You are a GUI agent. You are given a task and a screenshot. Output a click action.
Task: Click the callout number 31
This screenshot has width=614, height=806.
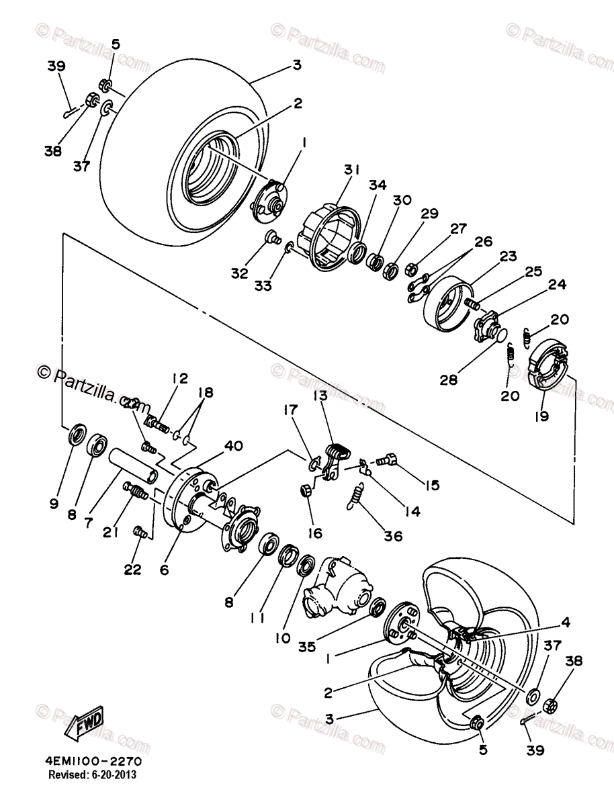point(349,169)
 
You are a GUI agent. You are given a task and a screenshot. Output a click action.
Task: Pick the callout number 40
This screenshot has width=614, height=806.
point(234,445)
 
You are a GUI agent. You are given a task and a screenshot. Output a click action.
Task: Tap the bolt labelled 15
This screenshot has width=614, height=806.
point(386,461)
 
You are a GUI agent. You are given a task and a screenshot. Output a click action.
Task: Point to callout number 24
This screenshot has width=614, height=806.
point(556,284)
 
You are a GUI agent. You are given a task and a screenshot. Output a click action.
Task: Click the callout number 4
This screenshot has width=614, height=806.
point(566,623)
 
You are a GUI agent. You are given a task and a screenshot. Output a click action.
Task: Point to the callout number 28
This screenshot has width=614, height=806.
point(448,381)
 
